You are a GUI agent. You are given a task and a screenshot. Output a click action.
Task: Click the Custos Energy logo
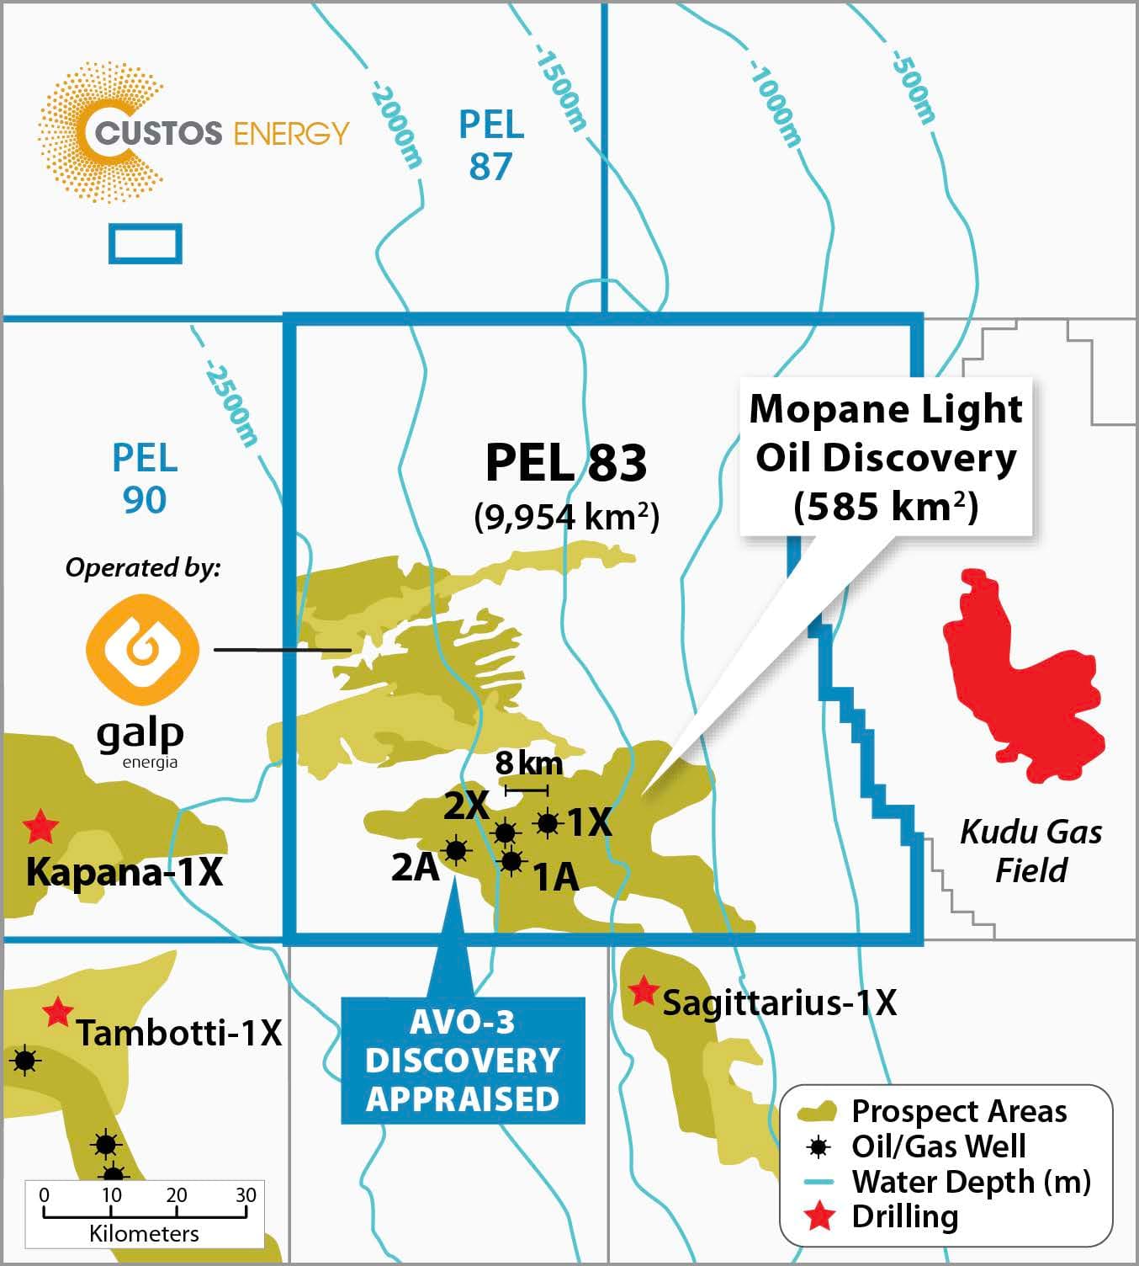point(193,133)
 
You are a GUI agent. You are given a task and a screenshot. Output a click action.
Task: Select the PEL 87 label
point(491,146)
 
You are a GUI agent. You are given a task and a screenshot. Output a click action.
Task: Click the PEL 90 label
point(145,479)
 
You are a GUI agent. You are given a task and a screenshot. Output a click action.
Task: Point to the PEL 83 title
point(566,462)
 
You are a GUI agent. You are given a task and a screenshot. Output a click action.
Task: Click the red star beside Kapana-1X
point(40,827)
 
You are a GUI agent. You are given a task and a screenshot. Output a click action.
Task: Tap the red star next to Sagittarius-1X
point(644,992)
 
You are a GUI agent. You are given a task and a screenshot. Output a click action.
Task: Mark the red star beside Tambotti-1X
point(57,1012)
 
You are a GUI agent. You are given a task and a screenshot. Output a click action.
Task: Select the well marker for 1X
point(548,823)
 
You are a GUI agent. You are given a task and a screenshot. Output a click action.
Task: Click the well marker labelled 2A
point(455,850)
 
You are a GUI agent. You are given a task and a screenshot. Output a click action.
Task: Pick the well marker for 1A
point(511,861)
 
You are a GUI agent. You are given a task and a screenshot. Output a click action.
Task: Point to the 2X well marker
point(505,832)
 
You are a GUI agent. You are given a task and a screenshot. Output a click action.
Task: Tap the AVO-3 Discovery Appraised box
point(463,1061)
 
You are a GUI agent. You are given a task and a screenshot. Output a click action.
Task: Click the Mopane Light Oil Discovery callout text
point(886,458)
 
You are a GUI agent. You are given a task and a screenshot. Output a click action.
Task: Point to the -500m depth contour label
point(913,87)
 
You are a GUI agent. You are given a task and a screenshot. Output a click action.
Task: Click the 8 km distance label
point(528,763)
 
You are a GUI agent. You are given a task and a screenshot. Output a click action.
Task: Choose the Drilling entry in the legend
point(904,1217)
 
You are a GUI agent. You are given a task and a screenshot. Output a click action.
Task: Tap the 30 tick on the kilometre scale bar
point(245,1195)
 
